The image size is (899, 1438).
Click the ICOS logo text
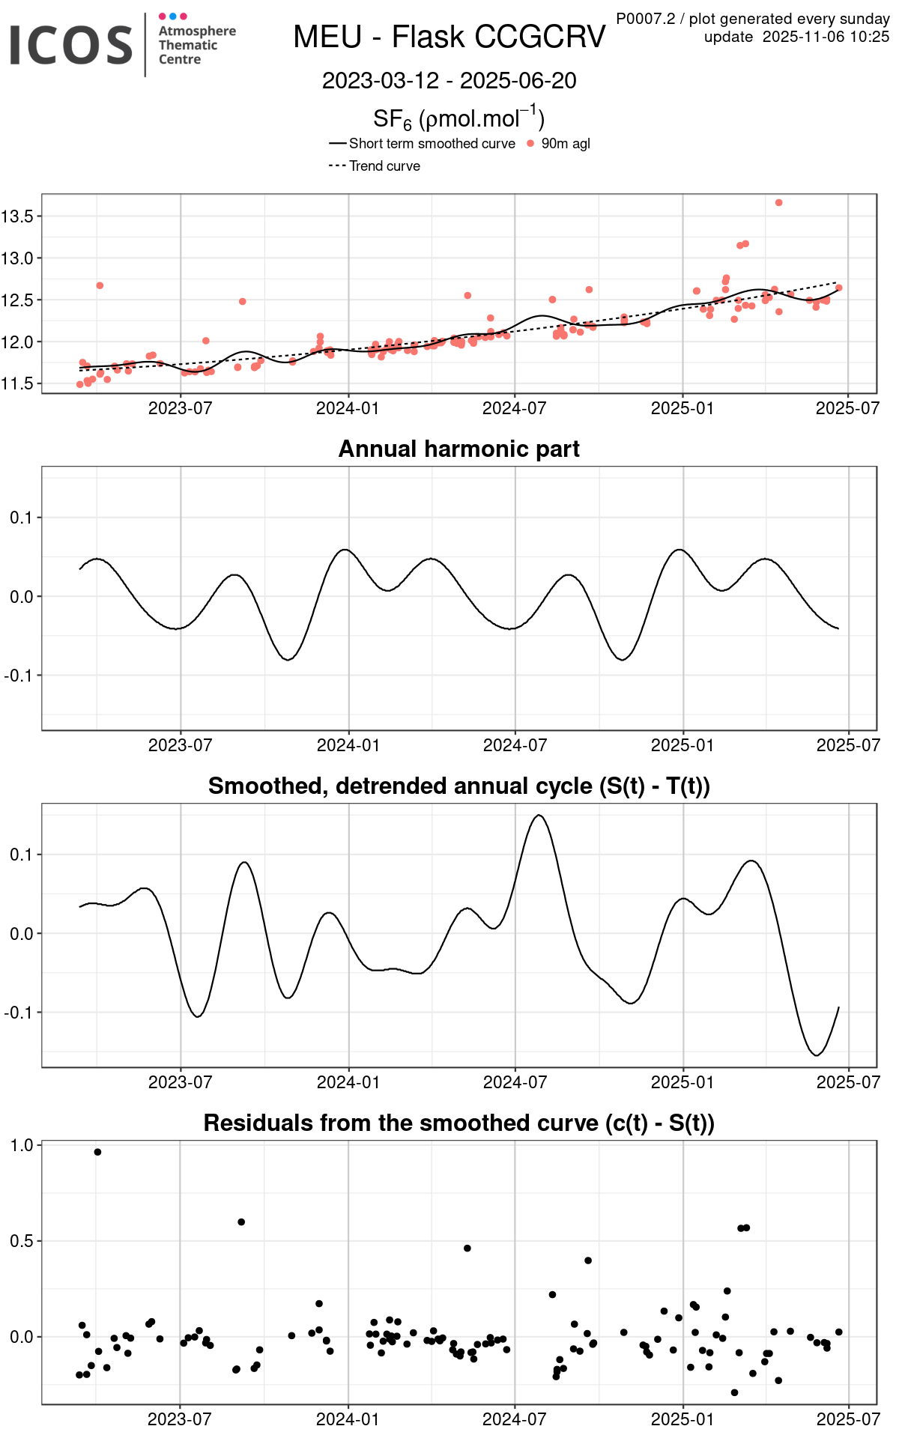coord(71,45)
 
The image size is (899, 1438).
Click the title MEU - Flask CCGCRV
coord(449,37)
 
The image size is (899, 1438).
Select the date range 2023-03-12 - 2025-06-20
coord(449,81)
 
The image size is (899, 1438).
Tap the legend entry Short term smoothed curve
coord(432,144)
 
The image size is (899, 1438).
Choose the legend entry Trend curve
coord(384,166)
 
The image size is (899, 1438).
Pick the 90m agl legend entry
coord(565,144)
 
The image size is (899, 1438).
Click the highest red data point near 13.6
coord(779,203)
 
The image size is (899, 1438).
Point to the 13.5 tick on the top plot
coord(18,216)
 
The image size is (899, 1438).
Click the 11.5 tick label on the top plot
coord(18,384)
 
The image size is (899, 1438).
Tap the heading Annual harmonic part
coord(458,449)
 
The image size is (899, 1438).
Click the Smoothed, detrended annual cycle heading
coord(458,786)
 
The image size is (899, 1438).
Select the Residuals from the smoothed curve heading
coord(458,1123)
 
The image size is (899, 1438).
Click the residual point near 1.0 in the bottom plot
coord(98,1152)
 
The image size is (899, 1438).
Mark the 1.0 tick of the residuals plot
coord(22,1145)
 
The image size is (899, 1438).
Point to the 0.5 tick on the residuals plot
coord(22,1241)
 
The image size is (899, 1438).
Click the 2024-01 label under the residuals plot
coord(348,1419)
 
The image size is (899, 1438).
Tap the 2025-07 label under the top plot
coord(847,408)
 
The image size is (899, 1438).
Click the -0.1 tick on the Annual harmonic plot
coord(18,676)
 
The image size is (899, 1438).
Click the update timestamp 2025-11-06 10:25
coord(826,37)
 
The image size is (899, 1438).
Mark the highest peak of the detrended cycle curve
coord(539,816)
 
